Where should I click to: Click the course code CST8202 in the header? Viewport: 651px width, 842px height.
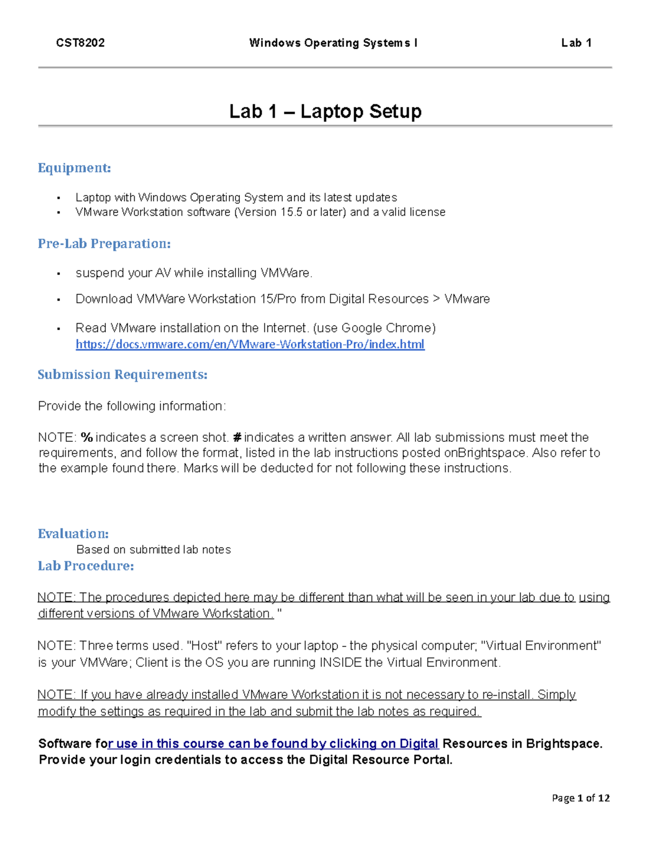point(80,43)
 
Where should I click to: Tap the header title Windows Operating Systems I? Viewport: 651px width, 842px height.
point(333,43)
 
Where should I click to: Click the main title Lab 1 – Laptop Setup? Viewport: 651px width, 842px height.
point(325,111)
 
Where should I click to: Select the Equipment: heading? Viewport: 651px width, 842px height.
point(74,168)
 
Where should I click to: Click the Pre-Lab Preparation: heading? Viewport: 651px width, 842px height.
point(104,244)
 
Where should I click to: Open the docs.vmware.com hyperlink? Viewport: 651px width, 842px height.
point(250,344)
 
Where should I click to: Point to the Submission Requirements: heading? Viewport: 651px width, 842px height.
point(123,375)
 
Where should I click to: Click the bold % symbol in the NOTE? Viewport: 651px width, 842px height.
point(86,438)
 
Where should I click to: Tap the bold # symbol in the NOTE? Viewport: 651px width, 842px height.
point(237,438)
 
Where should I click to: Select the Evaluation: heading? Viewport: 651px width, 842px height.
point(73,534)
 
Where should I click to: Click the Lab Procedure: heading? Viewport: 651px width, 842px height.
point(86,566)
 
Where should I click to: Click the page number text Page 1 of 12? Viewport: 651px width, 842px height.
point(580,798)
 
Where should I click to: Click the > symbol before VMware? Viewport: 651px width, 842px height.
point(437,299)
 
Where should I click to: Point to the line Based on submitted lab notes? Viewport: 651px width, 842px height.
point(154,550)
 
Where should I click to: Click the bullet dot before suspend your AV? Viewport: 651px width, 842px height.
point(59,274)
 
